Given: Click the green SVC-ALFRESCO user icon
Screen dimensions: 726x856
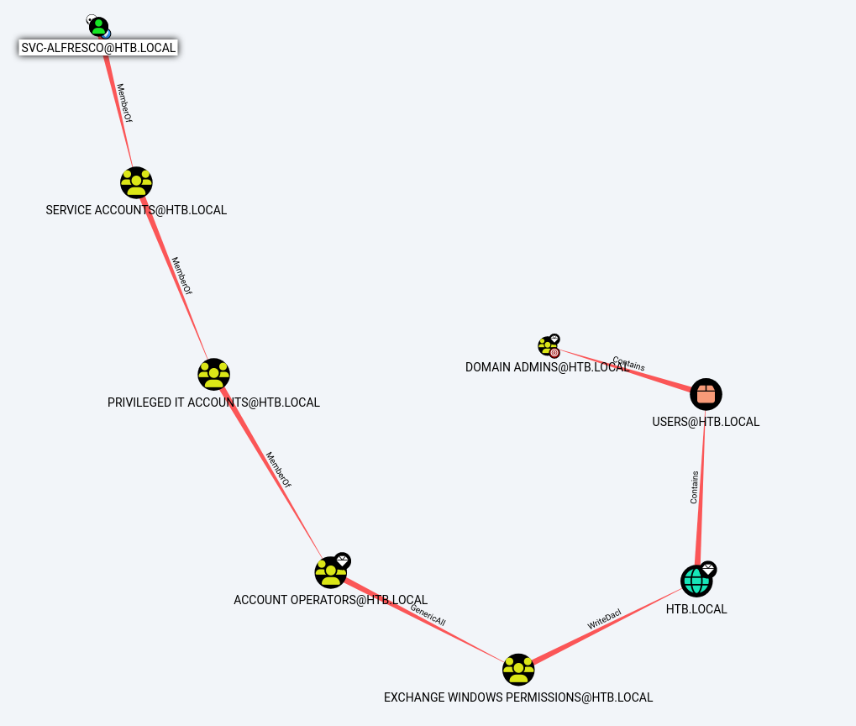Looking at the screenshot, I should click(x=98, y=27).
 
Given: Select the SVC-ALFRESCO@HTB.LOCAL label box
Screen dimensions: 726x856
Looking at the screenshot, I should click(x=98, y=48).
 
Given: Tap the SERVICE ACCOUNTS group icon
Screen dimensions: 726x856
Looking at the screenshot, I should click(x=136, y=182).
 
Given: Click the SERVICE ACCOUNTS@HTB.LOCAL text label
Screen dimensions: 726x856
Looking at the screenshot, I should click(x=136, y=209).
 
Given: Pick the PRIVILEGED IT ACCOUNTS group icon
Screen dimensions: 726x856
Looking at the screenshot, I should click(x=213, y=374).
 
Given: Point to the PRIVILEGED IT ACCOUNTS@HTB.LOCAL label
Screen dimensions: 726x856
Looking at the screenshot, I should click(x=213, y=402).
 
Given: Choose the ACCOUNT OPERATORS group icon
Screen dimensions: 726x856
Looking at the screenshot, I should click(x=330, y=572).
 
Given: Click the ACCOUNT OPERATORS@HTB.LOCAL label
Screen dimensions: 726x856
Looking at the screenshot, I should click(x=330, y=600).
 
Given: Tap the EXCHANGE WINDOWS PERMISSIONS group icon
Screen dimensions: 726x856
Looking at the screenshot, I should click(x=518, y=670).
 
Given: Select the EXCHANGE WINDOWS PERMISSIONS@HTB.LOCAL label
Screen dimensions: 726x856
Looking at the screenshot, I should click(x=518, y=697).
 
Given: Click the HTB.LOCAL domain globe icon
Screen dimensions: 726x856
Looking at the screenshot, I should click(x=696, y=581).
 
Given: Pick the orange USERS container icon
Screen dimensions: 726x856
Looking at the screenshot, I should click(x=706, y=393).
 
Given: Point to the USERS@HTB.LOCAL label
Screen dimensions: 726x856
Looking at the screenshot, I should click(x=706, y=422).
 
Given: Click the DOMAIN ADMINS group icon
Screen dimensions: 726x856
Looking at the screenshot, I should click(x=547, y=345).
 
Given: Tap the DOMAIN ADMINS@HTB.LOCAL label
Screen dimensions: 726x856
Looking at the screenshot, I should click(x=547, y=367).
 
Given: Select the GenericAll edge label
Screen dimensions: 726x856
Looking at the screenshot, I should click(x=428, y=615).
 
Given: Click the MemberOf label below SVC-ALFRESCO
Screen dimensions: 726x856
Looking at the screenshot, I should click(x=123, y=103).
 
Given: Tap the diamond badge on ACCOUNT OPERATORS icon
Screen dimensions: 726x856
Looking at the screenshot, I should click(x=342, y=560).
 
